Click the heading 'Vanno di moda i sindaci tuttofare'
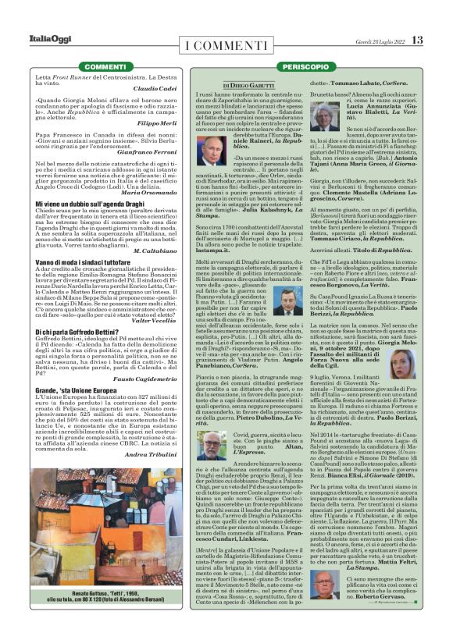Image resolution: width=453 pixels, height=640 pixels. click(73, 260)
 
